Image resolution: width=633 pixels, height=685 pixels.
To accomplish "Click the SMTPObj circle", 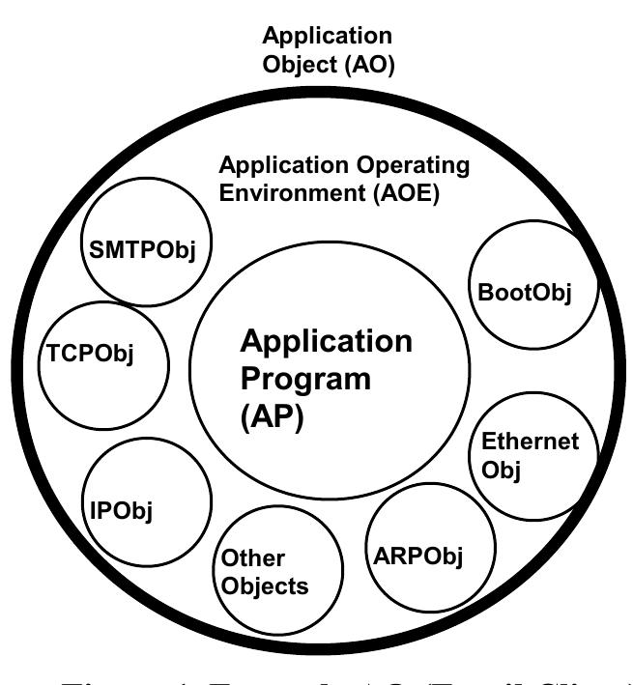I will tap(142, 248).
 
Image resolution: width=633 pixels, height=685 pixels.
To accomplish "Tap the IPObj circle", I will tap(147, 500).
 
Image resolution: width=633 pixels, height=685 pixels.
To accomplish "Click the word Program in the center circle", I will tap(305, 378).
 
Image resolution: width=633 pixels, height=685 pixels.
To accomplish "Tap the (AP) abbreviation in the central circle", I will tap(272, 420).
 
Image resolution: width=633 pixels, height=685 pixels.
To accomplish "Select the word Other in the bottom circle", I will tap(254, 558).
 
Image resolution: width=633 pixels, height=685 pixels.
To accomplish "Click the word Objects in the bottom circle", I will tap(264, 585).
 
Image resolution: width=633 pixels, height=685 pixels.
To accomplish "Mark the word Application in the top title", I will tap(328, 37).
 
